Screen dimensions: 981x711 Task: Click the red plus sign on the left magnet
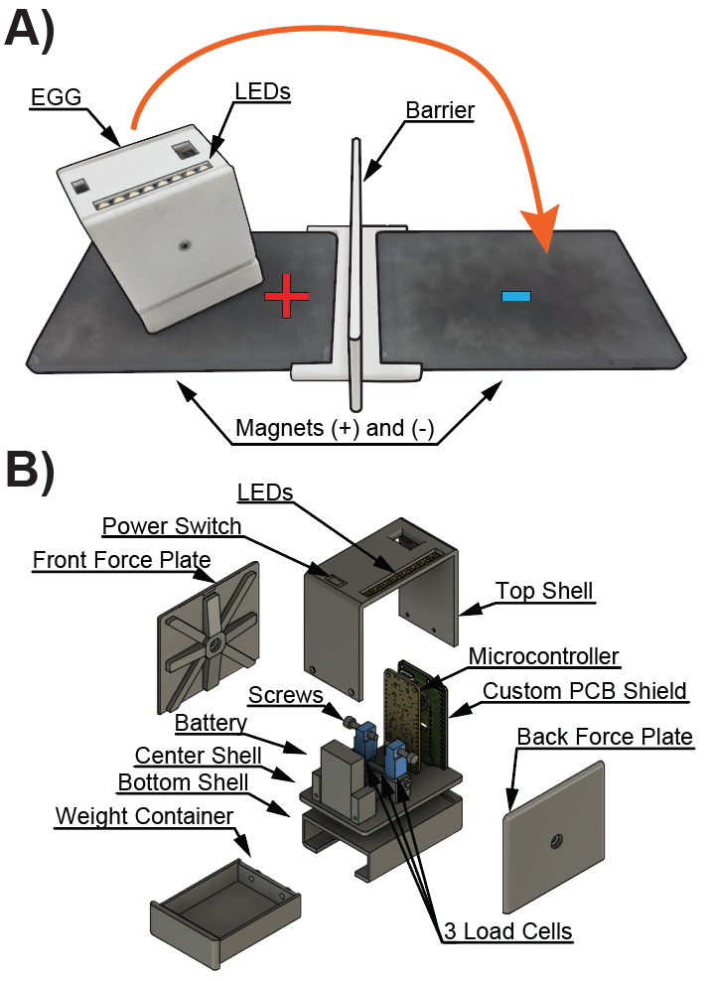pyautogui.click(x=286, y=296)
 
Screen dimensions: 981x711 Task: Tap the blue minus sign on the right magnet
pyautogui.click(x=516, y=295)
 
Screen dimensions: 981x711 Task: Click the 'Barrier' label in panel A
pyautogui.click(x=440, y=108)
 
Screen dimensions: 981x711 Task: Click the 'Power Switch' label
pyautogui.click(x=172, y=526)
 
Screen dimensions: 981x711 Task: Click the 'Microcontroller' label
pyautogui.click(x=543, y=656)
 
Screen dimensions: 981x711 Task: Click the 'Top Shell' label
pyautogui.click(x=544, y=591)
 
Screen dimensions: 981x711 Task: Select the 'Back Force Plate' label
pyautogui.click(x=605, y=736)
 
